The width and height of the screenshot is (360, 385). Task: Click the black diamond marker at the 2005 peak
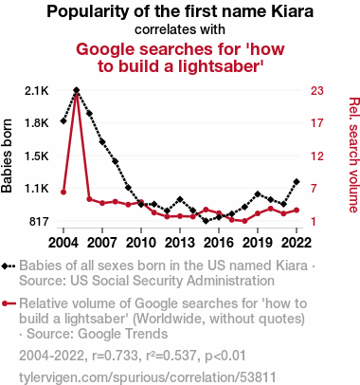point(77,90)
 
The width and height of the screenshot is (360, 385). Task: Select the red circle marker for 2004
point(63,192)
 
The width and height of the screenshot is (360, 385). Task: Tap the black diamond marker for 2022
point(297,182)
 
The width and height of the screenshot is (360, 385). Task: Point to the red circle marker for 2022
point(297,211)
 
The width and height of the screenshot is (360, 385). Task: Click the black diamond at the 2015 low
point(206,221)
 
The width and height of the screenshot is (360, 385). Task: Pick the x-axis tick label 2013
point(180,243)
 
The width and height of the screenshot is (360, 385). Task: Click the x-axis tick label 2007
point(102,243)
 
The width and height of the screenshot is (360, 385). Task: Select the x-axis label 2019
point(258,243)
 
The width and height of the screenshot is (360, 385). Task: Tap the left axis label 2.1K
point(37,91)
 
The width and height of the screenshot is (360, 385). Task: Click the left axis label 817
point(39,222)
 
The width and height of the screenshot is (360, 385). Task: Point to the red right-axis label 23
point(317,91)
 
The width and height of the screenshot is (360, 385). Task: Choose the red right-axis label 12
point(317,156)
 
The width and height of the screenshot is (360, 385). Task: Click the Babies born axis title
point(7,156)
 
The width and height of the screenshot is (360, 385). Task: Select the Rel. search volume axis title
point(353,156)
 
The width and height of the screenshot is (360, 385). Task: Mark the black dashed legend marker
point(9,266)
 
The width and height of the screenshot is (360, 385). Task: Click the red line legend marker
point(9,303)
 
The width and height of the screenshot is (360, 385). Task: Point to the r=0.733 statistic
point(116,356)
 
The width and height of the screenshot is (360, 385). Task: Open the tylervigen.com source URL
point(148,377)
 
